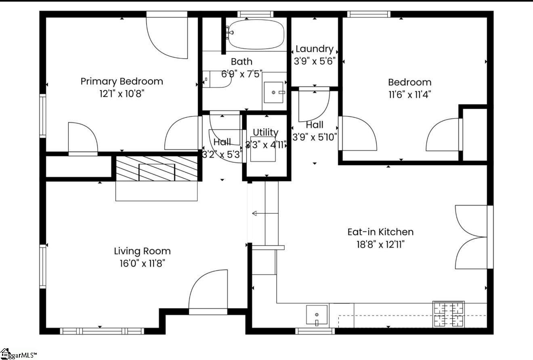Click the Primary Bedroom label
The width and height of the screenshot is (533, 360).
[122, 81]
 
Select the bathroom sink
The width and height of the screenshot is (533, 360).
[274, 93]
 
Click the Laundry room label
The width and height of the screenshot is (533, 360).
[314, 49]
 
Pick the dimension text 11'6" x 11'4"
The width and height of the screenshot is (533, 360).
[409, 95]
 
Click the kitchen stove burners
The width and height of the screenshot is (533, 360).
[448, 314]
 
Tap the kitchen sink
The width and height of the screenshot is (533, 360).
[317, 316]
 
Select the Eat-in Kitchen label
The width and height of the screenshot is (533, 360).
[380, 232]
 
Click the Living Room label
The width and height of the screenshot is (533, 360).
[142, 251]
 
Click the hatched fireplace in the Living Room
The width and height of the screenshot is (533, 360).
[157, 168]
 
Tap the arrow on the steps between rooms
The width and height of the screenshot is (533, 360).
[257, 213]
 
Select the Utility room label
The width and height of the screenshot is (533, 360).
[265, 132]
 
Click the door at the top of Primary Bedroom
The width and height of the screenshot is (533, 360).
[167, 35]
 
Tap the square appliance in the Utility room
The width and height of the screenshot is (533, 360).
[263, 149]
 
